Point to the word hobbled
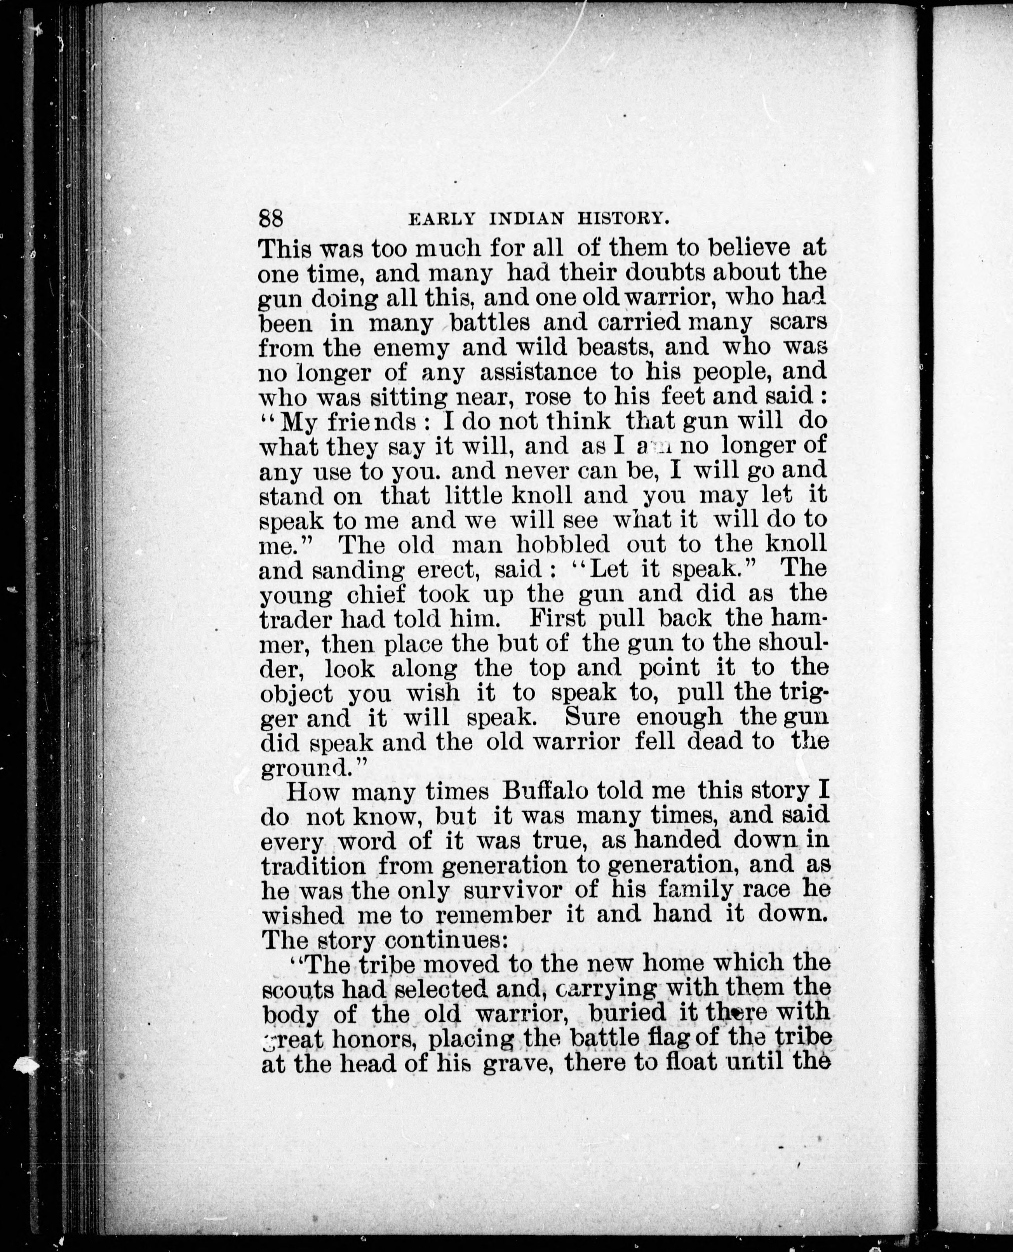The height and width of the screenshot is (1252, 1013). (x=563, y=545)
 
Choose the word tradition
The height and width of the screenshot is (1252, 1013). (x=315, y=866)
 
